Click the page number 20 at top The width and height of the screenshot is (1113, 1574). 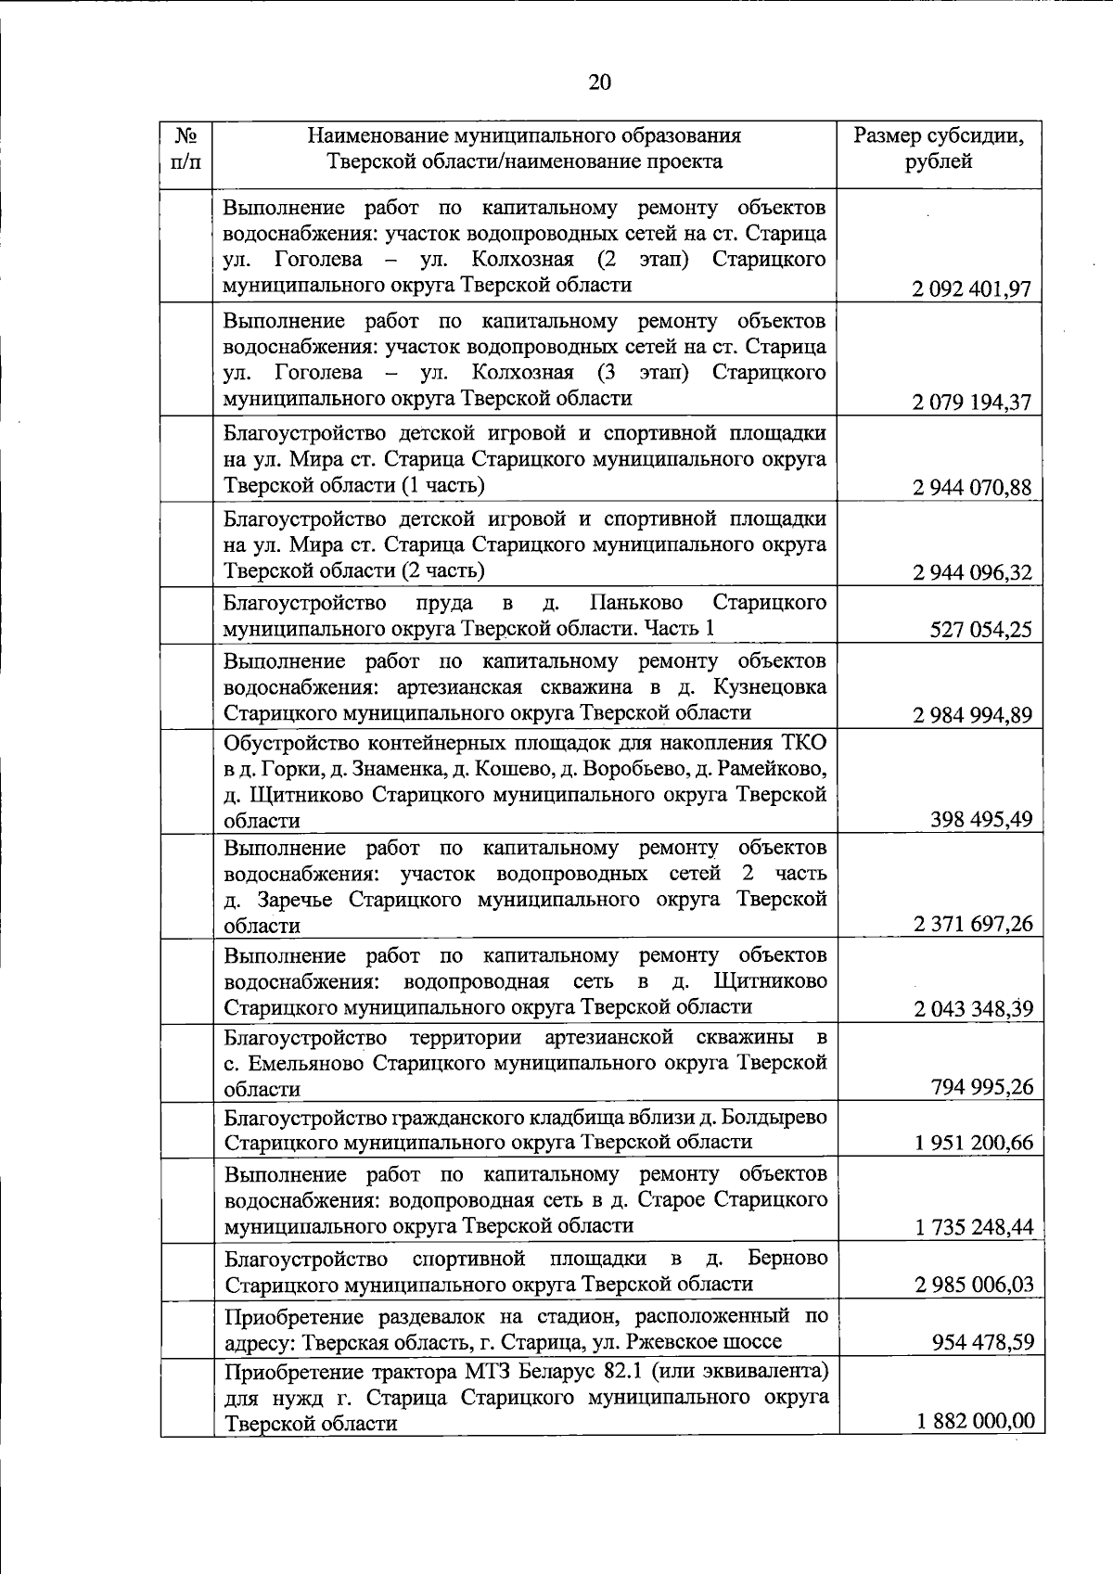[599, 83]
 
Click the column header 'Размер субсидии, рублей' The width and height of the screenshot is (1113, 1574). [939, 148]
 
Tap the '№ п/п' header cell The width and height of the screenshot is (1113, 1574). [185, 148]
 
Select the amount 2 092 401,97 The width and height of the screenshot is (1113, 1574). [971, 288]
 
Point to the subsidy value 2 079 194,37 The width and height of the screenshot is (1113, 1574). [971, 403]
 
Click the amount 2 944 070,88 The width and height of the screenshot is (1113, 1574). [971, 487]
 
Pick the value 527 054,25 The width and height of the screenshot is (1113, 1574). [980, 630]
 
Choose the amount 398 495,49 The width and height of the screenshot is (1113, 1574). [980, 819]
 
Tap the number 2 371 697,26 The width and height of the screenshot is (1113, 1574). [972, 924]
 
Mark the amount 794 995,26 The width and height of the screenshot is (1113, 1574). [981, 1087]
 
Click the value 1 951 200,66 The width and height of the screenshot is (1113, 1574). [973, 1143]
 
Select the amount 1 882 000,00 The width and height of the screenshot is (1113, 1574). [975, 1421]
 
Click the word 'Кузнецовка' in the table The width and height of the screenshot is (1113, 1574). [770, 687]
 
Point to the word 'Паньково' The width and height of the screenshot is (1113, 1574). [636, 603]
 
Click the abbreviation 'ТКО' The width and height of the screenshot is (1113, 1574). [803, 743]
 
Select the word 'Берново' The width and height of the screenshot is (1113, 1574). [787, 1259]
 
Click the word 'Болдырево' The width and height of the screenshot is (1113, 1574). [770, 1117]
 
